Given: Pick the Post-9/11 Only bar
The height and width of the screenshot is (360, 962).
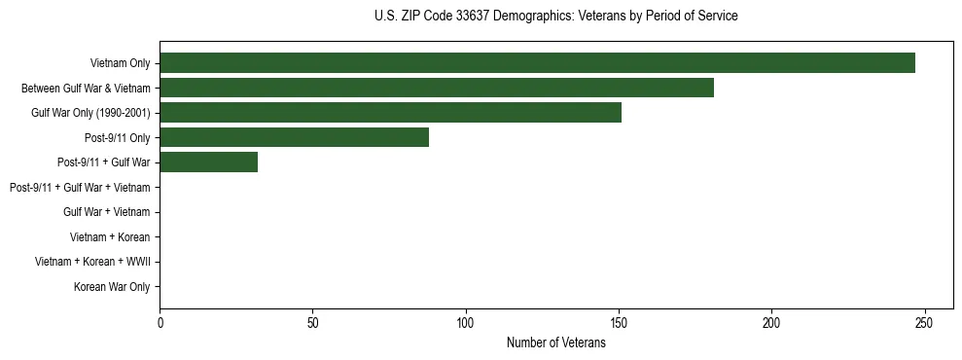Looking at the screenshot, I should (294, 137).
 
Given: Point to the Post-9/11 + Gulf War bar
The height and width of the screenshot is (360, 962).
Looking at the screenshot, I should (208, 162).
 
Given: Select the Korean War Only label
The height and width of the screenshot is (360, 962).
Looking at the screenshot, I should (112, 287).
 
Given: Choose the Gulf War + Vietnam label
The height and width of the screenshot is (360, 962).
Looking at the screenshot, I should (107, 212).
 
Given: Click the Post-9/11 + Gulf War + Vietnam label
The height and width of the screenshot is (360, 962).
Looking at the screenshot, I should (80, 187).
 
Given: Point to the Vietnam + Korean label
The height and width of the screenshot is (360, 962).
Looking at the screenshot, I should (110, 237).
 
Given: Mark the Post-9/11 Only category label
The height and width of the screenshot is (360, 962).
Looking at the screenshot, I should (118, 137).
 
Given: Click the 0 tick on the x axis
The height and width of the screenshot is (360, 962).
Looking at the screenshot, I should (160, 322).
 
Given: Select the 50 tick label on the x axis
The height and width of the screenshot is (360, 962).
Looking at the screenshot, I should (312, 322).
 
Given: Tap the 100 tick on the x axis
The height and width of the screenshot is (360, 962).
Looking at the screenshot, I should (466, 322).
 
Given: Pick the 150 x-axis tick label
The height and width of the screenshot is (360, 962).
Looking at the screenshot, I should (619, 322).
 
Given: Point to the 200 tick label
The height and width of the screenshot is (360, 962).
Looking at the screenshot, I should (771, 322).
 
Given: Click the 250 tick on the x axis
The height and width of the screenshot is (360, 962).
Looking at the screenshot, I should (925, 322).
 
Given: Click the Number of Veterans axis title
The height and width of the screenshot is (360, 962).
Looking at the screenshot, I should (556, 342).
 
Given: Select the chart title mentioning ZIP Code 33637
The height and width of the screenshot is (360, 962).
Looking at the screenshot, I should (556, 17).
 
